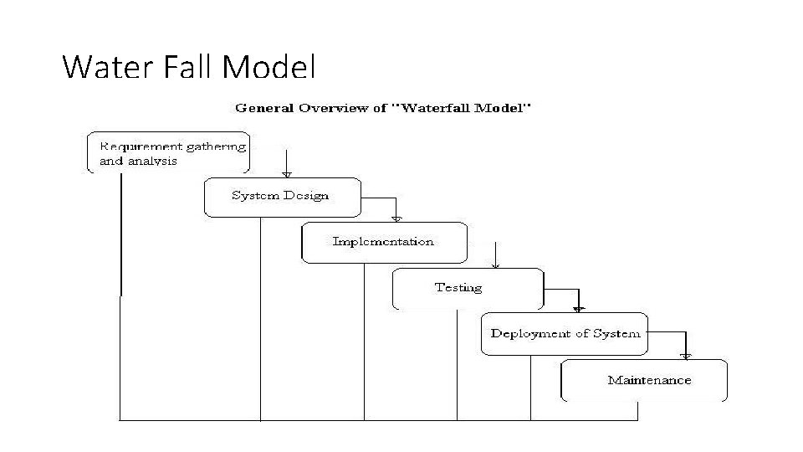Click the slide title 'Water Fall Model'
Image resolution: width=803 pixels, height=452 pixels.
tap(189, 66)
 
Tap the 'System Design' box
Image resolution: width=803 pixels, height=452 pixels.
tap(282, 197)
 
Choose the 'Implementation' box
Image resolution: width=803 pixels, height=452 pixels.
tap(383, 242)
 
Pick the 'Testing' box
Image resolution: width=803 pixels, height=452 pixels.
tap(467, 288)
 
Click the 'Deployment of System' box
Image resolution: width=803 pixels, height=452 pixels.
tap(565, 333)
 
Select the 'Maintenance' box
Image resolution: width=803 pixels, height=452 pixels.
tap(644, 380)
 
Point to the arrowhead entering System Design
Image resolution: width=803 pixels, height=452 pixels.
tap(286, 174)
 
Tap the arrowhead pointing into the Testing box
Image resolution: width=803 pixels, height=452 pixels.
tap(496, 265)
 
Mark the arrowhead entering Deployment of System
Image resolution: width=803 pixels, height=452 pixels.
tap(579, 310)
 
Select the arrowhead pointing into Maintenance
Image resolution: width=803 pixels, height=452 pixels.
tap(686, 356)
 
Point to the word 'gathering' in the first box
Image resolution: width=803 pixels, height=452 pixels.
tap(216, 146)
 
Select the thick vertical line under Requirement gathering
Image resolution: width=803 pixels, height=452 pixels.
tap(121, 234)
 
